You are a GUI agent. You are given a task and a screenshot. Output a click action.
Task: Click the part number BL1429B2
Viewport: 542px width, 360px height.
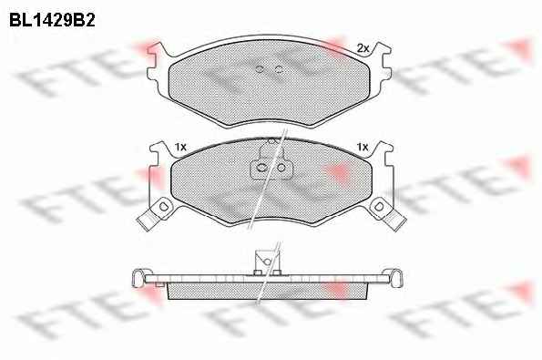[x=52, y=20]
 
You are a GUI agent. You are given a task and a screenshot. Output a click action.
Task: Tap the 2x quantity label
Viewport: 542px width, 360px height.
[x=363, y=48]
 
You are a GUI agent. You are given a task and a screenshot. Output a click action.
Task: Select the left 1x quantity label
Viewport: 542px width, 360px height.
[x=180, y=148]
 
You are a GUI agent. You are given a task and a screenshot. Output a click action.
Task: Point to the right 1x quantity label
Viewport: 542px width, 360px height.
[x=363, y=148]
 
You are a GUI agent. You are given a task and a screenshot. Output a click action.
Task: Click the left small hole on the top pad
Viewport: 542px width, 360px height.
[x=260, y=69]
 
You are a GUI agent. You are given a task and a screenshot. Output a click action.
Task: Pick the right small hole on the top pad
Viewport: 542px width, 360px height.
[x=279, y=69]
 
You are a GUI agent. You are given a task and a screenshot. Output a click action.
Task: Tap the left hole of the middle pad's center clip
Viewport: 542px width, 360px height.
[x=262, y=168]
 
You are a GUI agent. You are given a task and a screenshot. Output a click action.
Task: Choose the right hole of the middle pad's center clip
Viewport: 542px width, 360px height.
[x=281, y=168]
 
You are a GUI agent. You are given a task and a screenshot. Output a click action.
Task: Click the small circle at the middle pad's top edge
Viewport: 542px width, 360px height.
[x=271, y=141]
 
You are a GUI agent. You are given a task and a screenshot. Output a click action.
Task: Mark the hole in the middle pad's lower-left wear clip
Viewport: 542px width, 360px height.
[x=163, y=207]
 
